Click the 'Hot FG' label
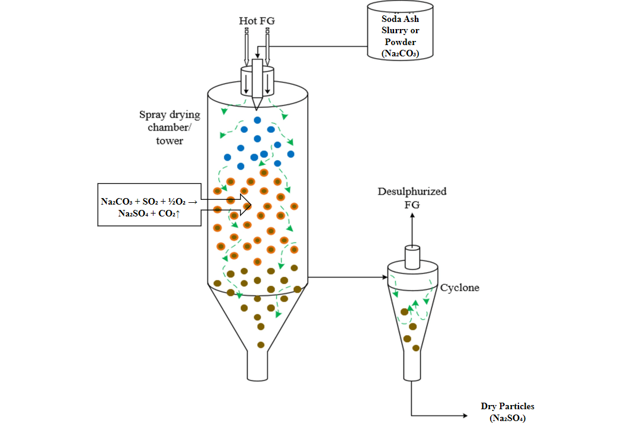tap(257, 21)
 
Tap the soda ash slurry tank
tap(400, 30)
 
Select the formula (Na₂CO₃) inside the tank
tap(400, 54)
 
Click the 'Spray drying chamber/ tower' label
tap(169, 128)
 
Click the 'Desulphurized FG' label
tap(412, 197)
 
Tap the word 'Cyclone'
tap(459, 288)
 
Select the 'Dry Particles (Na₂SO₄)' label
tap(507, 412)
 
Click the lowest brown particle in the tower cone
tap(260, 345)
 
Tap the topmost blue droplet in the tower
tap(258, 120)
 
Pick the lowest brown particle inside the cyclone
tap(416, 348)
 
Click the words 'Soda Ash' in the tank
tap(400, 19)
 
